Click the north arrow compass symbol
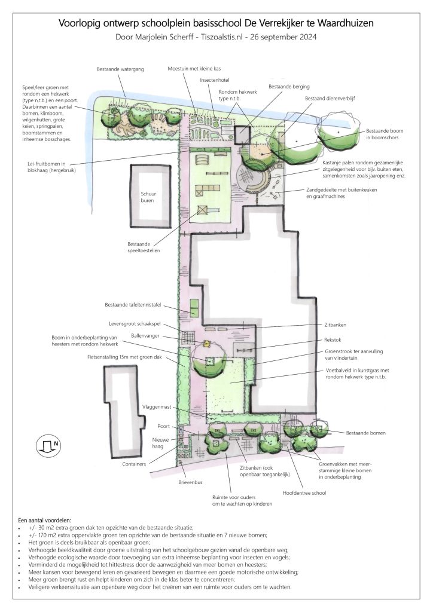point(49,445)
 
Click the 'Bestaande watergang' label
point(120,69)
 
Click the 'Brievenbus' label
point(190,482)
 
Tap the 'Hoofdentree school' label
point(304,493)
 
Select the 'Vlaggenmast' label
point(157,407)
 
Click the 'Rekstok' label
point(333,340)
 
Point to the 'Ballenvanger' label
point(145,336)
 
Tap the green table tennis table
point(194,308)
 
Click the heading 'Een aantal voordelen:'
point(44,521)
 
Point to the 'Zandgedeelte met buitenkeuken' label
point(341,190)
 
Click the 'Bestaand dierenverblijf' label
point(330,99)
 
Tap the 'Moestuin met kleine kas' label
point(194,69)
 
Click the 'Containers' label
point(134,464)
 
